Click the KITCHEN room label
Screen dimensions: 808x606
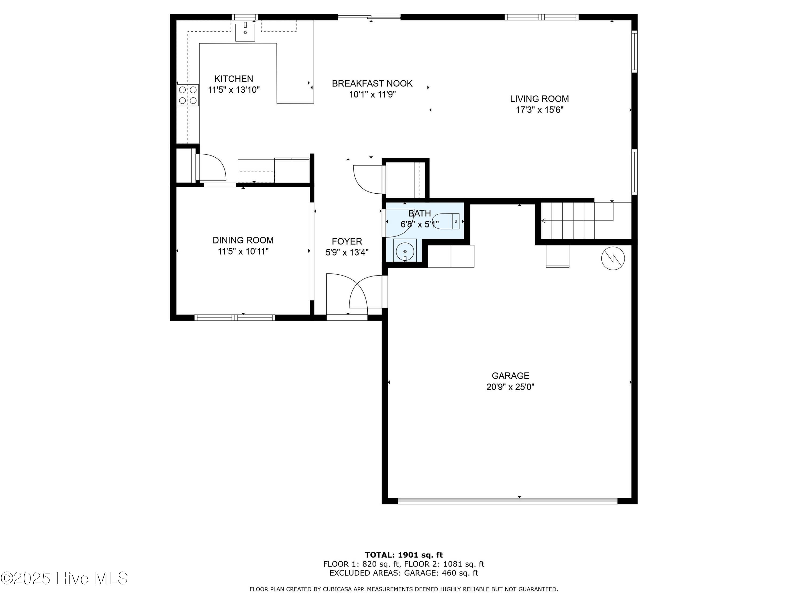[x=234, y=79]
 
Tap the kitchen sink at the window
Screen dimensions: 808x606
[x=245, y=32]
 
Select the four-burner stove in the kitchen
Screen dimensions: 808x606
[x=188, y=95]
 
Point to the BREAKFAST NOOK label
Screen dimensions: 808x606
[x=372, y=83]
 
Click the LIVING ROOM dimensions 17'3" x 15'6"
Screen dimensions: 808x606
[x=539, y=110]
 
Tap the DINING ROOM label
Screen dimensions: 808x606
[x=243, y=240]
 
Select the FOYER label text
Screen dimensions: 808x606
[x=347, y=241]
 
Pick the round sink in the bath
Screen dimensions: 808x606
[x=405, y=251]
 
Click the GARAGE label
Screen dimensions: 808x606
[x=510, y=375]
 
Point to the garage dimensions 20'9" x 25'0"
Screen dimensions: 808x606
[x=510, y=387]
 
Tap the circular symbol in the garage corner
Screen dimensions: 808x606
[x=613, y=259]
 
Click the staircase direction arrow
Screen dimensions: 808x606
[x=577, y=220]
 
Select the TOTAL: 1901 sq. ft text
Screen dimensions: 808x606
[x=404, y=555]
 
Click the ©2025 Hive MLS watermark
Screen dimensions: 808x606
[x=64, y=578]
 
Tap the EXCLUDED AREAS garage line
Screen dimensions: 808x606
[x=404, y=573]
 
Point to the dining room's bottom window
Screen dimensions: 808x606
[x=235, y=318]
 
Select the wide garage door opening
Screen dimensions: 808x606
[x=507, y=501]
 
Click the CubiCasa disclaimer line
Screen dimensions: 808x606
[x=404, y=589]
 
